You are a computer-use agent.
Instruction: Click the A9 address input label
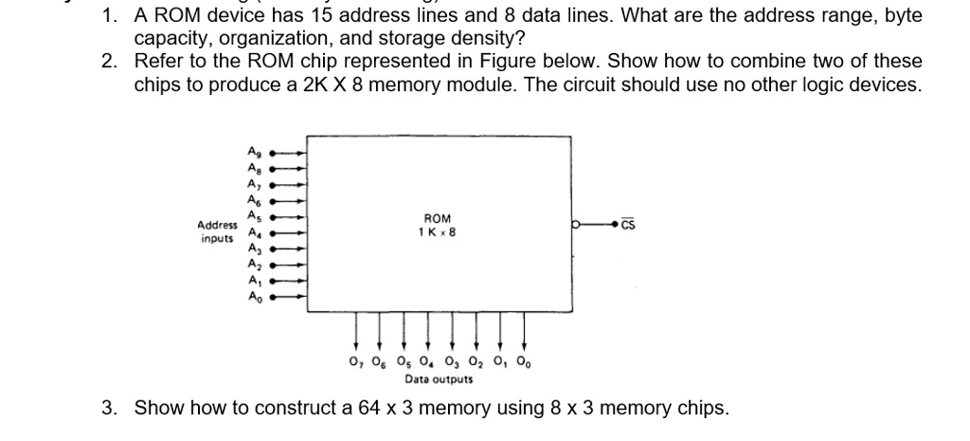click(x=252, y=151)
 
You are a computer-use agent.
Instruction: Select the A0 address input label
click(x=252, y=297)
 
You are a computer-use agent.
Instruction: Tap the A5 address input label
click(x=252, y=215)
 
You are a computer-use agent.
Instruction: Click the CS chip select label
click(x=631, y=225)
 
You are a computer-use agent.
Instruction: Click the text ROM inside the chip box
click(x=437, y=217)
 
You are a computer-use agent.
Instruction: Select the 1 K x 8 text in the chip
click(x=437, y=231)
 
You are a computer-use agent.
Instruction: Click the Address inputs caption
click(x=217, y=231)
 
